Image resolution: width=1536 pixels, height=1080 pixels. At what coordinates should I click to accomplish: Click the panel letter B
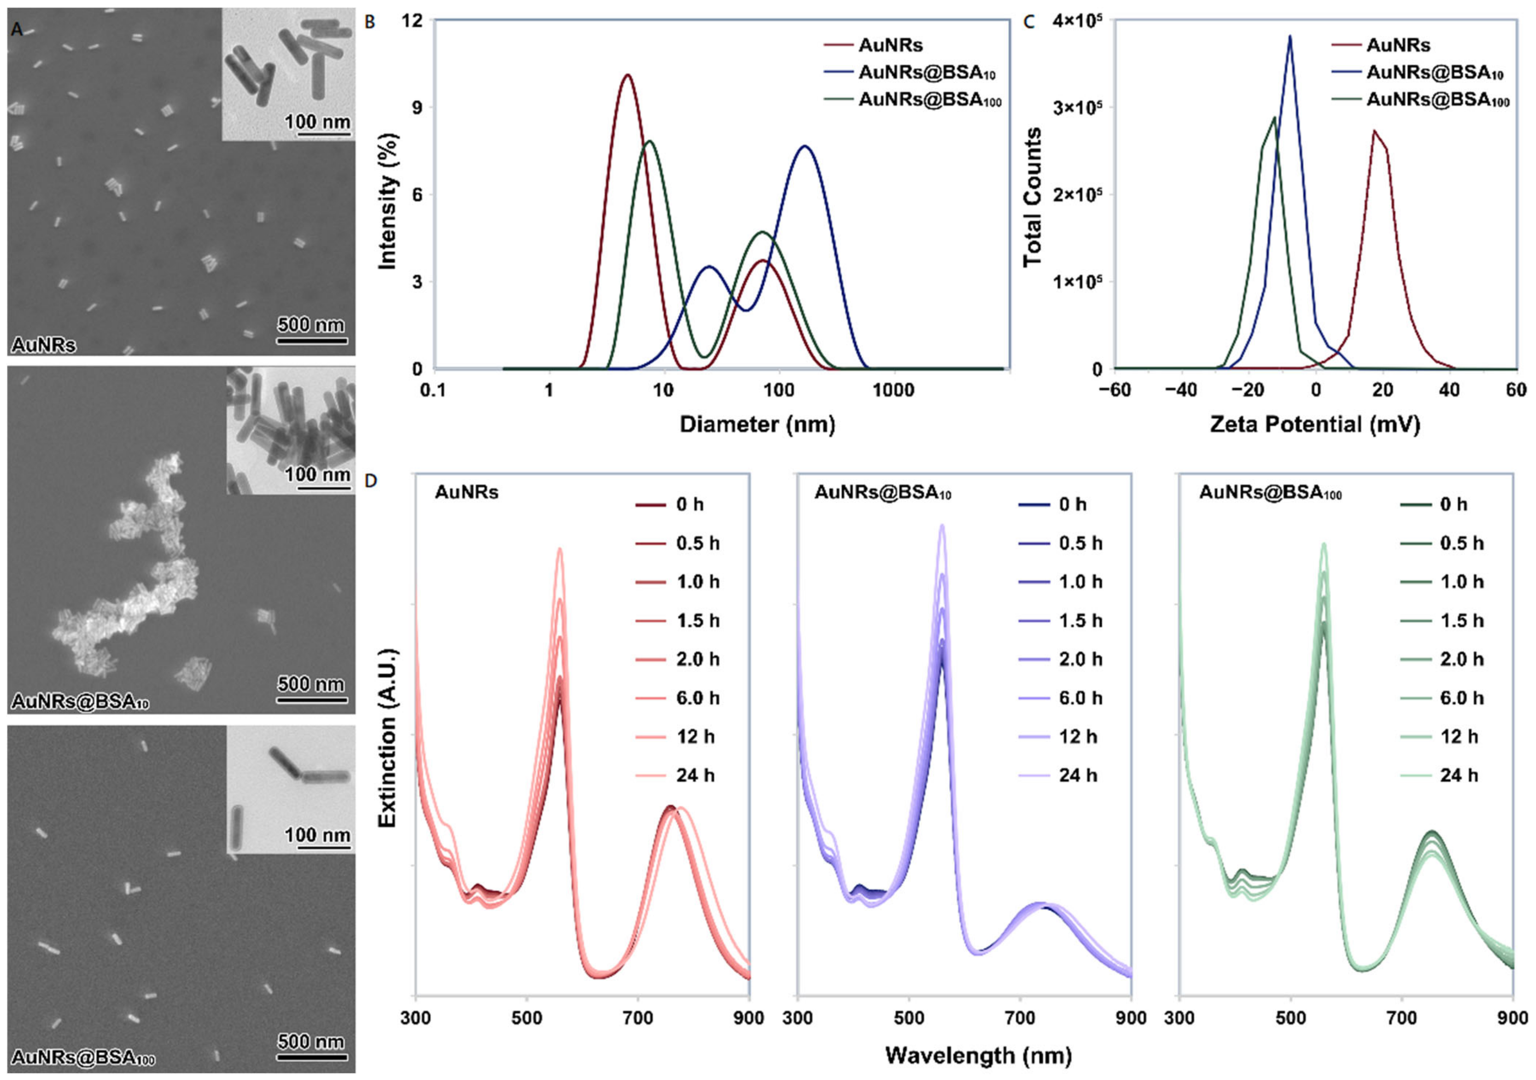(369, 22)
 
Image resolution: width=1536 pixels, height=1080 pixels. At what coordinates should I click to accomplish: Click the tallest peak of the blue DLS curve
(805, 146)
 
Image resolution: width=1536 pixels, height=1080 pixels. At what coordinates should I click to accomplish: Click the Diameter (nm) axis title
(757, 425)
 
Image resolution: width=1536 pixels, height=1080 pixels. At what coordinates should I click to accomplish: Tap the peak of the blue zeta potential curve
(1289, 37)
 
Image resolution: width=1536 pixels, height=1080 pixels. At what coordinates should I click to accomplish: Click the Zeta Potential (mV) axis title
(1315, 425)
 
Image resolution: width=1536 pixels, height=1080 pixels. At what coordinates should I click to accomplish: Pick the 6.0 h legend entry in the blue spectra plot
(1080, 698)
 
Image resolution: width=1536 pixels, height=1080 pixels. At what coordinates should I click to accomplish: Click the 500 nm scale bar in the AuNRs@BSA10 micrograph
(312, 700)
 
